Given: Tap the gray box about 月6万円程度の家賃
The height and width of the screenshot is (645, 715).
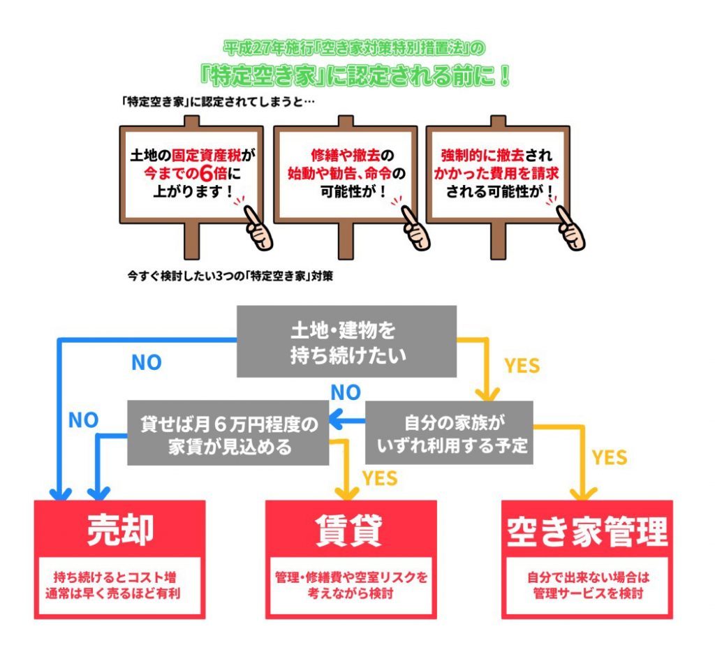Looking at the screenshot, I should pos(229,433).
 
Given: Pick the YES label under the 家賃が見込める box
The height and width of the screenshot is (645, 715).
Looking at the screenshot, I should pos(380,478).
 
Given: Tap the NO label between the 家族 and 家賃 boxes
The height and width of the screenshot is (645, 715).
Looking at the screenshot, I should pos(345,392).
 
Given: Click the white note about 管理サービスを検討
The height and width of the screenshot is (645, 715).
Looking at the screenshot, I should pos(587,586).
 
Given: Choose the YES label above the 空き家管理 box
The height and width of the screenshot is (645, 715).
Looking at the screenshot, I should pos(610,457).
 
